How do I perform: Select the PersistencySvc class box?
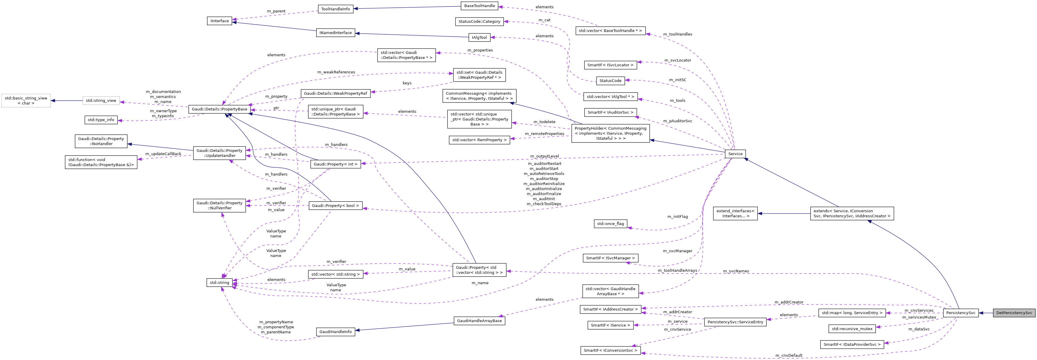961,313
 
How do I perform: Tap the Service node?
735,154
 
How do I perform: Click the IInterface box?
219,21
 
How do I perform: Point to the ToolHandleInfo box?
335,9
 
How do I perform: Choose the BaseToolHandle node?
479,6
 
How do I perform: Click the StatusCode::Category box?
479,21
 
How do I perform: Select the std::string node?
219,283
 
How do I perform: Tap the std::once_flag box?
610,224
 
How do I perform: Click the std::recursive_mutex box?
852,329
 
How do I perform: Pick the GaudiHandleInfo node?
335,332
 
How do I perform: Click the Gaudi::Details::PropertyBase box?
219,109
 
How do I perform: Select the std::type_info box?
101,120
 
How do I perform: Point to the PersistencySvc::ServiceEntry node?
735,322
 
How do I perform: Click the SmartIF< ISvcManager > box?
610,258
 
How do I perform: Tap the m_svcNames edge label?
736,271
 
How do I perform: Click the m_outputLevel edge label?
544,156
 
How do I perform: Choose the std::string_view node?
101,101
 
